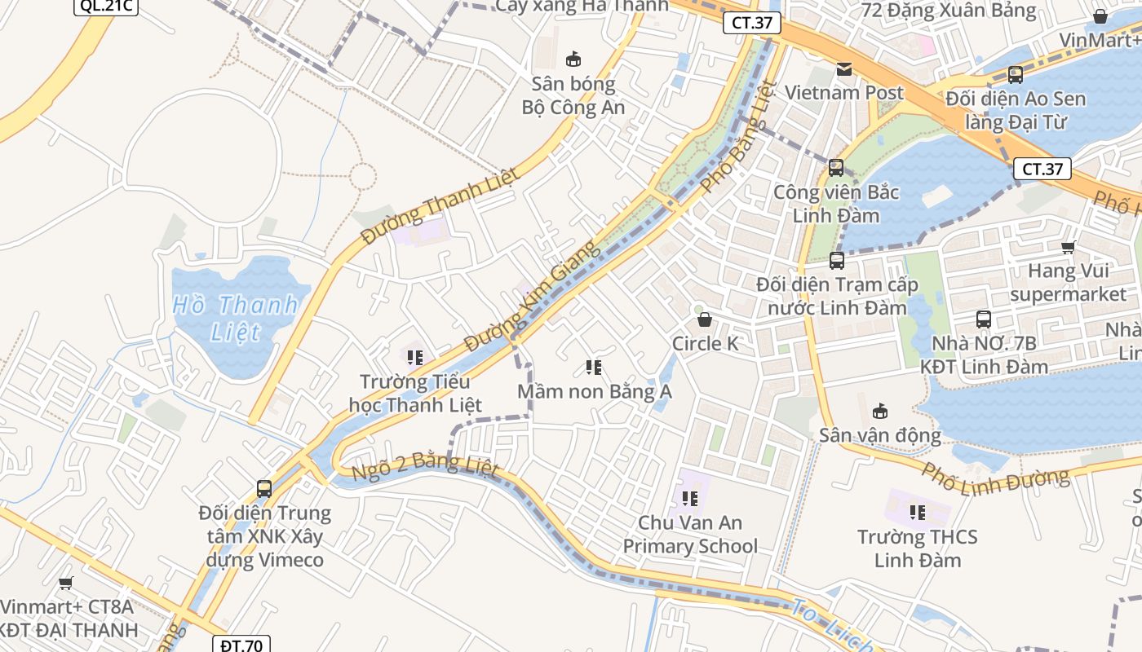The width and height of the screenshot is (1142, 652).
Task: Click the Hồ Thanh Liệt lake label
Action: click(x=236, y=318)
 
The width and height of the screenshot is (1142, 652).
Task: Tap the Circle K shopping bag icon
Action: click(x=704, y=319)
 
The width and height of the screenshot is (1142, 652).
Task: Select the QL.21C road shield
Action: click(x=107, y=6)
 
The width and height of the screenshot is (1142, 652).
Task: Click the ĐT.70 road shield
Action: click(x=241, y=645)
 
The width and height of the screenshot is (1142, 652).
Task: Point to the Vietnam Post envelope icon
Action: click(x=844, y=69)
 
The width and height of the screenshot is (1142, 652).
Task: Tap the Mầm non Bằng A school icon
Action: click(x=594, y=368)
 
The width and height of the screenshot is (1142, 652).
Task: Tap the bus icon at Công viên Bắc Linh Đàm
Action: click(x=836, y=168)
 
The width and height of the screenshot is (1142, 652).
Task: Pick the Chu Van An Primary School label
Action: click(x=690, y=534)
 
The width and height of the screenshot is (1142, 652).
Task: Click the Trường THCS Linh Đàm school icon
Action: click(x=918, y=513)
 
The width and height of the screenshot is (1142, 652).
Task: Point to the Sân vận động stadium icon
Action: click(x=880, y=411)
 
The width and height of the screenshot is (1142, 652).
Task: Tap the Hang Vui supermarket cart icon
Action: click(x=1068, y=247)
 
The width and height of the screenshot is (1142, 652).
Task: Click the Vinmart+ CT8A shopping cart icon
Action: click(x=66, y=583)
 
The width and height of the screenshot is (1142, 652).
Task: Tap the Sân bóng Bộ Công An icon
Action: click(x=573, y=59)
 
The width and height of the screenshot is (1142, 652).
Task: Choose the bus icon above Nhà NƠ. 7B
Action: click(x=984, y=319)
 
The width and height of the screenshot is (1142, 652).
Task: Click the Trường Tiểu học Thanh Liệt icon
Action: click(x=415, y=357)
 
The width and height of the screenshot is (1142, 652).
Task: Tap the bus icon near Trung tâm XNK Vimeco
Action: click(x=264, y=489)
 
